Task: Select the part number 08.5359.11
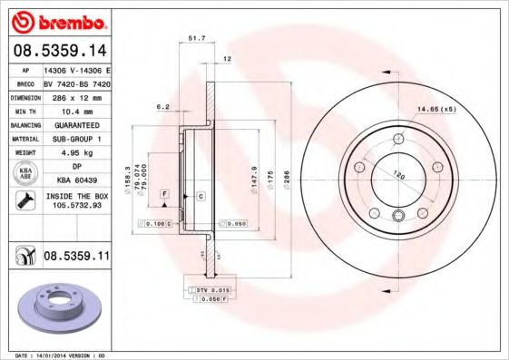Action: click(x=76, y=257)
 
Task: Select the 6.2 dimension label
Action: click(x=163, y=107)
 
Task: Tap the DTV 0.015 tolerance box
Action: click(x=210, y=288)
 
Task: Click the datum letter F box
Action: click(x=165, y=193)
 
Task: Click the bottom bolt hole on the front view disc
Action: click(x=399, y=215)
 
